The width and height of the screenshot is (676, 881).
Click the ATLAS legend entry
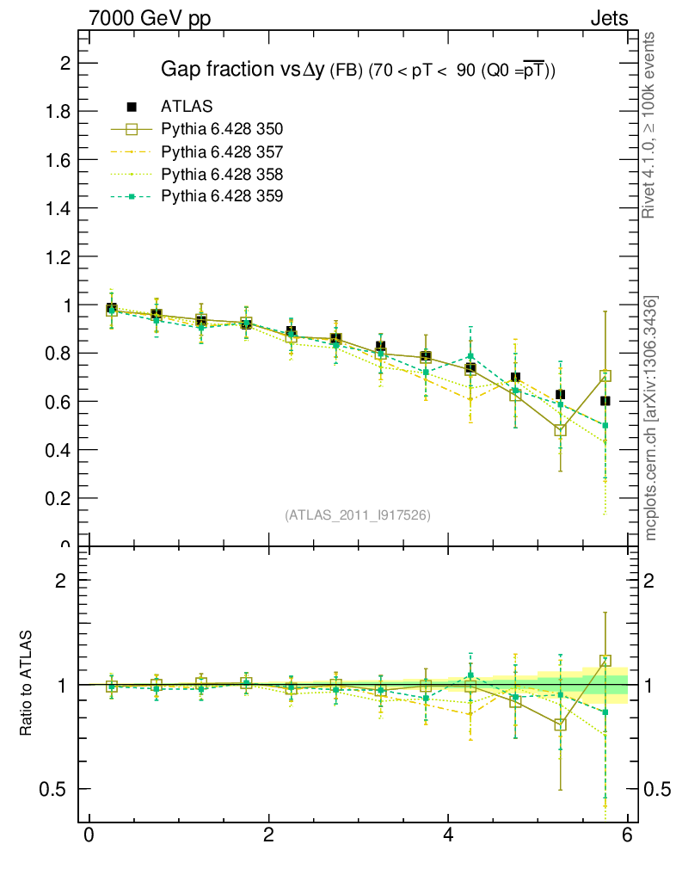click(x=187, y=107)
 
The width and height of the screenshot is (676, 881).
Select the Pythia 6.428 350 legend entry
click(x=222, y=129)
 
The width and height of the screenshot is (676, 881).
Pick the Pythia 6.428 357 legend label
click(x=222, y=152)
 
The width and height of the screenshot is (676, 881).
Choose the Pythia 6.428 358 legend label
click(x=222, y=175)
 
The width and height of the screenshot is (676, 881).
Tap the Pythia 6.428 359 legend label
click(x=222, y=197)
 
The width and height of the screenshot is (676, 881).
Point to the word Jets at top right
click(x=608, y=19)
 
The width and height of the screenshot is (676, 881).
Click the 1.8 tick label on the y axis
click(x=59, y=112)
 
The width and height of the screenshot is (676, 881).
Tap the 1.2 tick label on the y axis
click(x=59, y=256)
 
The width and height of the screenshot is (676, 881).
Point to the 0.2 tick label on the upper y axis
click(x=59, y=498)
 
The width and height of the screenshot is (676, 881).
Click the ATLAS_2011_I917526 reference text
click(x=358, y=514)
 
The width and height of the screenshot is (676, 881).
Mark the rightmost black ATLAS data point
click(x=605, y=401)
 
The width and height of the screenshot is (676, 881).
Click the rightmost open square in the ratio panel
click(x=605, y=661)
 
